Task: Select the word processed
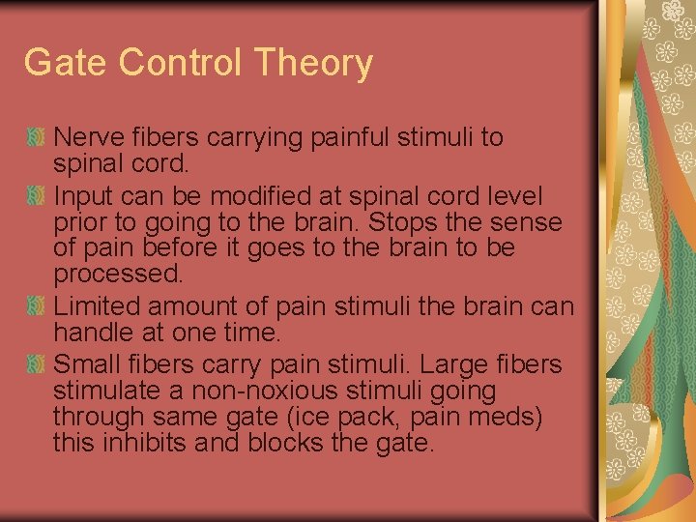click(x=117, y=274)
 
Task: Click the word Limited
click(x=91, y=306)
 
